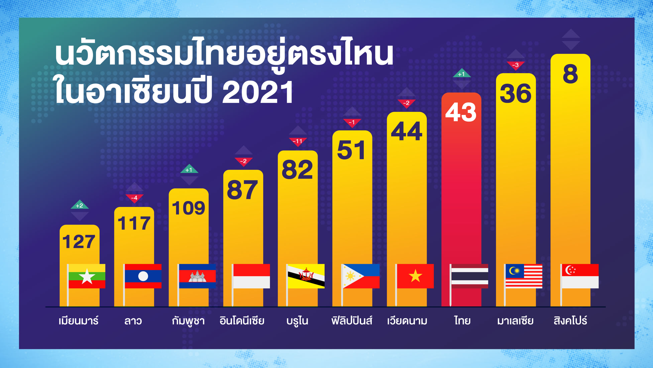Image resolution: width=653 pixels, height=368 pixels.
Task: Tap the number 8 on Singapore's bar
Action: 570,74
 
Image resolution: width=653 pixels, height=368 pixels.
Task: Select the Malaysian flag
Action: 524,276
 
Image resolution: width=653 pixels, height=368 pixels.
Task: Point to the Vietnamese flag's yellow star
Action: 415,276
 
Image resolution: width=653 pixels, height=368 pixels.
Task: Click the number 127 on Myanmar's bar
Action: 79,242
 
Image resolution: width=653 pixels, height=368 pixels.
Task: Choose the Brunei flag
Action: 306,276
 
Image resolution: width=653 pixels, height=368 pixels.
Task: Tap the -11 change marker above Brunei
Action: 298,141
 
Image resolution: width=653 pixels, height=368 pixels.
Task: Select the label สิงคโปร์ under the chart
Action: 570,320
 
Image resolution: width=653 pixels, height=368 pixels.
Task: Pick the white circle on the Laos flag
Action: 143,276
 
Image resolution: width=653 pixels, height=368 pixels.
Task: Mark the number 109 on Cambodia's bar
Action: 189,208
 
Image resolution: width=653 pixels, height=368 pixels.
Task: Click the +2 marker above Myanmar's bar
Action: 80,205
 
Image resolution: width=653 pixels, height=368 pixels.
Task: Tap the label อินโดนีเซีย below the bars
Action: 242,321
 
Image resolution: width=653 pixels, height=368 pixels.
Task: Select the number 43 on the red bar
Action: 461,112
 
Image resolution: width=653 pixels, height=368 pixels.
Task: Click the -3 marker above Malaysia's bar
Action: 516,65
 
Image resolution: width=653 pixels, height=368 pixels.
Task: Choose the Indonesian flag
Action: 251,276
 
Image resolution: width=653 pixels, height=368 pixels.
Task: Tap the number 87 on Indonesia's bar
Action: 242,190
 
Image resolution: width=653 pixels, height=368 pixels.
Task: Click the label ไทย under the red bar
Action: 462,321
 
